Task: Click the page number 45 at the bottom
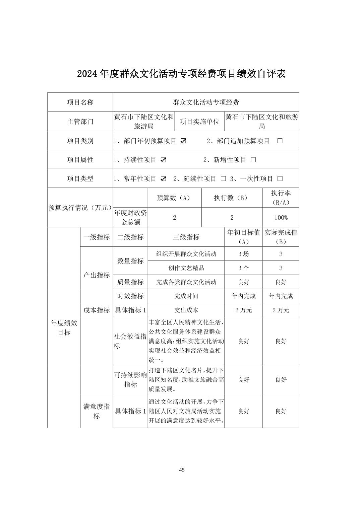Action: tap(182, 470)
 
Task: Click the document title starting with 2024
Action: tap(182, 74)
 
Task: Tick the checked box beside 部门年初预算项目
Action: tap(183, 141)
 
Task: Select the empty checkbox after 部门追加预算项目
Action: tap(280, 141)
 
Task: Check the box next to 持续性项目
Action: tap(163, 160)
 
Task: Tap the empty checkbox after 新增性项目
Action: tap(253, 160)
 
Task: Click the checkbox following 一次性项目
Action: tap(280, 179)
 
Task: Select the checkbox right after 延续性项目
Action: tap(223, 179)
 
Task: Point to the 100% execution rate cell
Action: tap(281, 218)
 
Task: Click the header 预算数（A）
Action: tap(174, 198)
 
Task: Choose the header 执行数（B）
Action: tap(232, 198)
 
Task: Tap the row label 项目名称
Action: tap(80, 102)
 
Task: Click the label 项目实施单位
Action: tap(200, 122)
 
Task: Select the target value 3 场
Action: tap(244, 254)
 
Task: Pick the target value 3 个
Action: tap(244, 268)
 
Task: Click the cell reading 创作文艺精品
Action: tap(186, 268)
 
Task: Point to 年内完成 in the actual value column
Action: tap(281, 296)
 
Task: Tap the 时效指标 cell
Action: tap(130, 296)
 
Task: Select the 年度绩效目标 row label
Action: tap(64, 328)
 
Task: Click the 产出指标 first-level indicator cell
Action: tap(97, 275)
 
